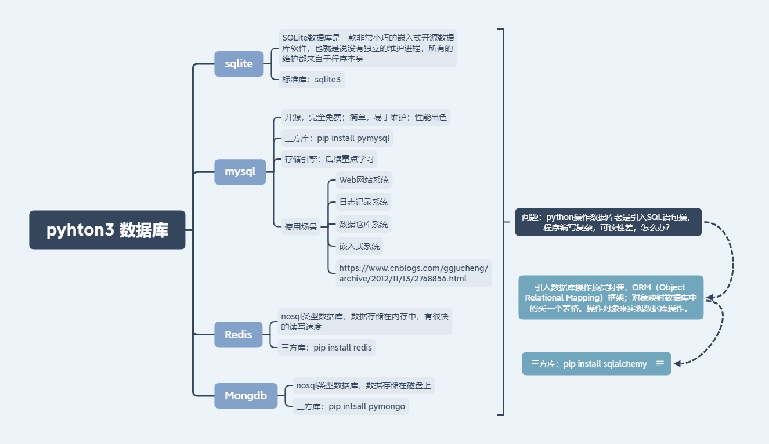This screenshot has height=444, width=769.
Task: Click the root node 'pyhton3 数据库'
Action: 107,230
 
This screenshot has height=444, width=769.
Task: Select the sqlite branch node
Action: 239,63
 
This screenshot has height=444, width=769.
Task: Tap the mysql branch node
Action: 240,172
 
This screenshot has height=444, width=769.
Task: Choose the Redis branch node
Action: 238,334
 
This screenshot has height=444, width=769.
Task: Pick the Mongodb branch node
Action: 245,396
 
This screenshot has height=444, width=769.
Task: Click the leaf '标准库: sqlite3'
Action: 312,80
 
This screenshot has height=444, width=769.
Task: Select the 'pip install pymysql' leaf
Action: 337,139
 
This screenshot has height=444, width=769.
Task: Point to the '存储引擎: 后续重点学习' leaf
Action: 329,159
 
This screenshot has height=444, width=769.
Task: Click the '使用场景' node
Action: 301,227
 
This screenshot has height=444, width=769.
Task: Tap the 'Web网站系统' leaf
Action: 364,180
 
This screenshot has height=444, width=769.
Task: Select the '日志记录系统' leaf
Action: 363,202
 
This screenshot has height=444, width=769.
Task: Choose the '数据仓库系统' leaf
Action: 363,224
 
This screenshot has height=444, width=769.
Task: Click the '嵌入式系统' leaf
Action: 359,246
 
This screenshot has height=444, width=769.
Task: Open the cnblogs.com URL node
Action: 413,273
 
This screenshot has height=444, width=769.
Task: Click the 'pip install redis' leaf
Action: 326,348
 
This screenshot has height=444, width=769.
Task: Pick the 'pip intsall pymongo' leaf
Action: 351,406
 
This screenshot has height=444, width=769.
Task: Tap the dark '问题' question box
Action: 608,222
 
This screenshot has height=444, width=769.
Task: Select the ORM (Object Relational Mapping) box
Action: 610,298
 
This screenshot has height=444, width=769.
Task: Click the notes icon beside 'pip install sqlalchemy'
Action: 660,364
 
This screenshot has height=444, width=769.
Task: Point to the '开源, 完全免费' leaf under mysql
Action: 366,117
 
